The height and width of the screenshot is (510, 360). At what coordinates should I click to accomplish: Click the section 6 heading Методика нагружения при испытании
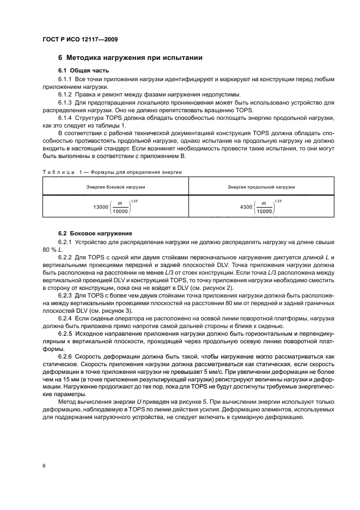[x=131, y=58]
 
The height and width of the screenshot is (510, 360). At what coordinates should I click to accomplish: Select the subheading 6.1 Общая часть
[x=83, y=71]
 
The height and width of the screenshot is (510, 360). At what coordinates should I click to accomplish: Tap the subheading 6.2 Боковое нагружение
[x=95, y=233]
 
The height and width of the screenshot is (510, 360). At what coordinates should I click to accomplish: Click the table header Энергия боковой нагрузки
[x=115, y=187]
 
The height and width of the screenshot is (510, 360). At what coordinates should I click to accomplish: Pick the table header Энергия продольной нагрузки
[x=261, y=187]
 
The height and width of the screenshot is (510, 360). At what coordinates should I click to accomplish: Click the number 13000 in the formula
[x=101, y=207]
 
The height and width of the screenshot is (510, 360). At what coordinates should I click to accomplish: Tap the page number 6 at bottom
[x=43, y=466]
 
